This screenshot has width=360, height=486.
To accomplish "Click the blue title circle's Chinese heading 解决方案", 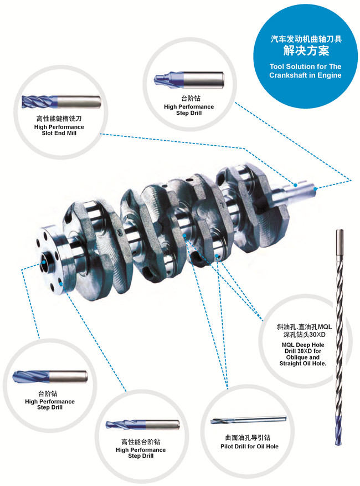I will [x=306, y=52].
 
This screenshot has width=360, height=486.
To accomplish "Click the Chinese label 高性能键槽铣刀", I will [x=59, y=119].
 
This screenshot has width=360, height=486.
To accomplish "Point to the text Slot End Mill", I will [x=59, y=134].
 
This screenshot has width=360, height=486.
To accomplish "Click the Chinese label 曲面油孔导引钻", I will [x=249, y=437].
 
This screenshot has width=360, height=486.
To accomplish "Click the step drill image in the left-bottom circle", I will [x=49, y=376].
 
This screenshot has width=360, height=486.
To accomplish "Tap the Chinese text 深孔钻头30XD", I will [x=304, y=335].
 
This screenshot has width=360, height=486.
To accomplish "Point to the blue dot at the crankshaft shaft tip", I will [x=315, y=189].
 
